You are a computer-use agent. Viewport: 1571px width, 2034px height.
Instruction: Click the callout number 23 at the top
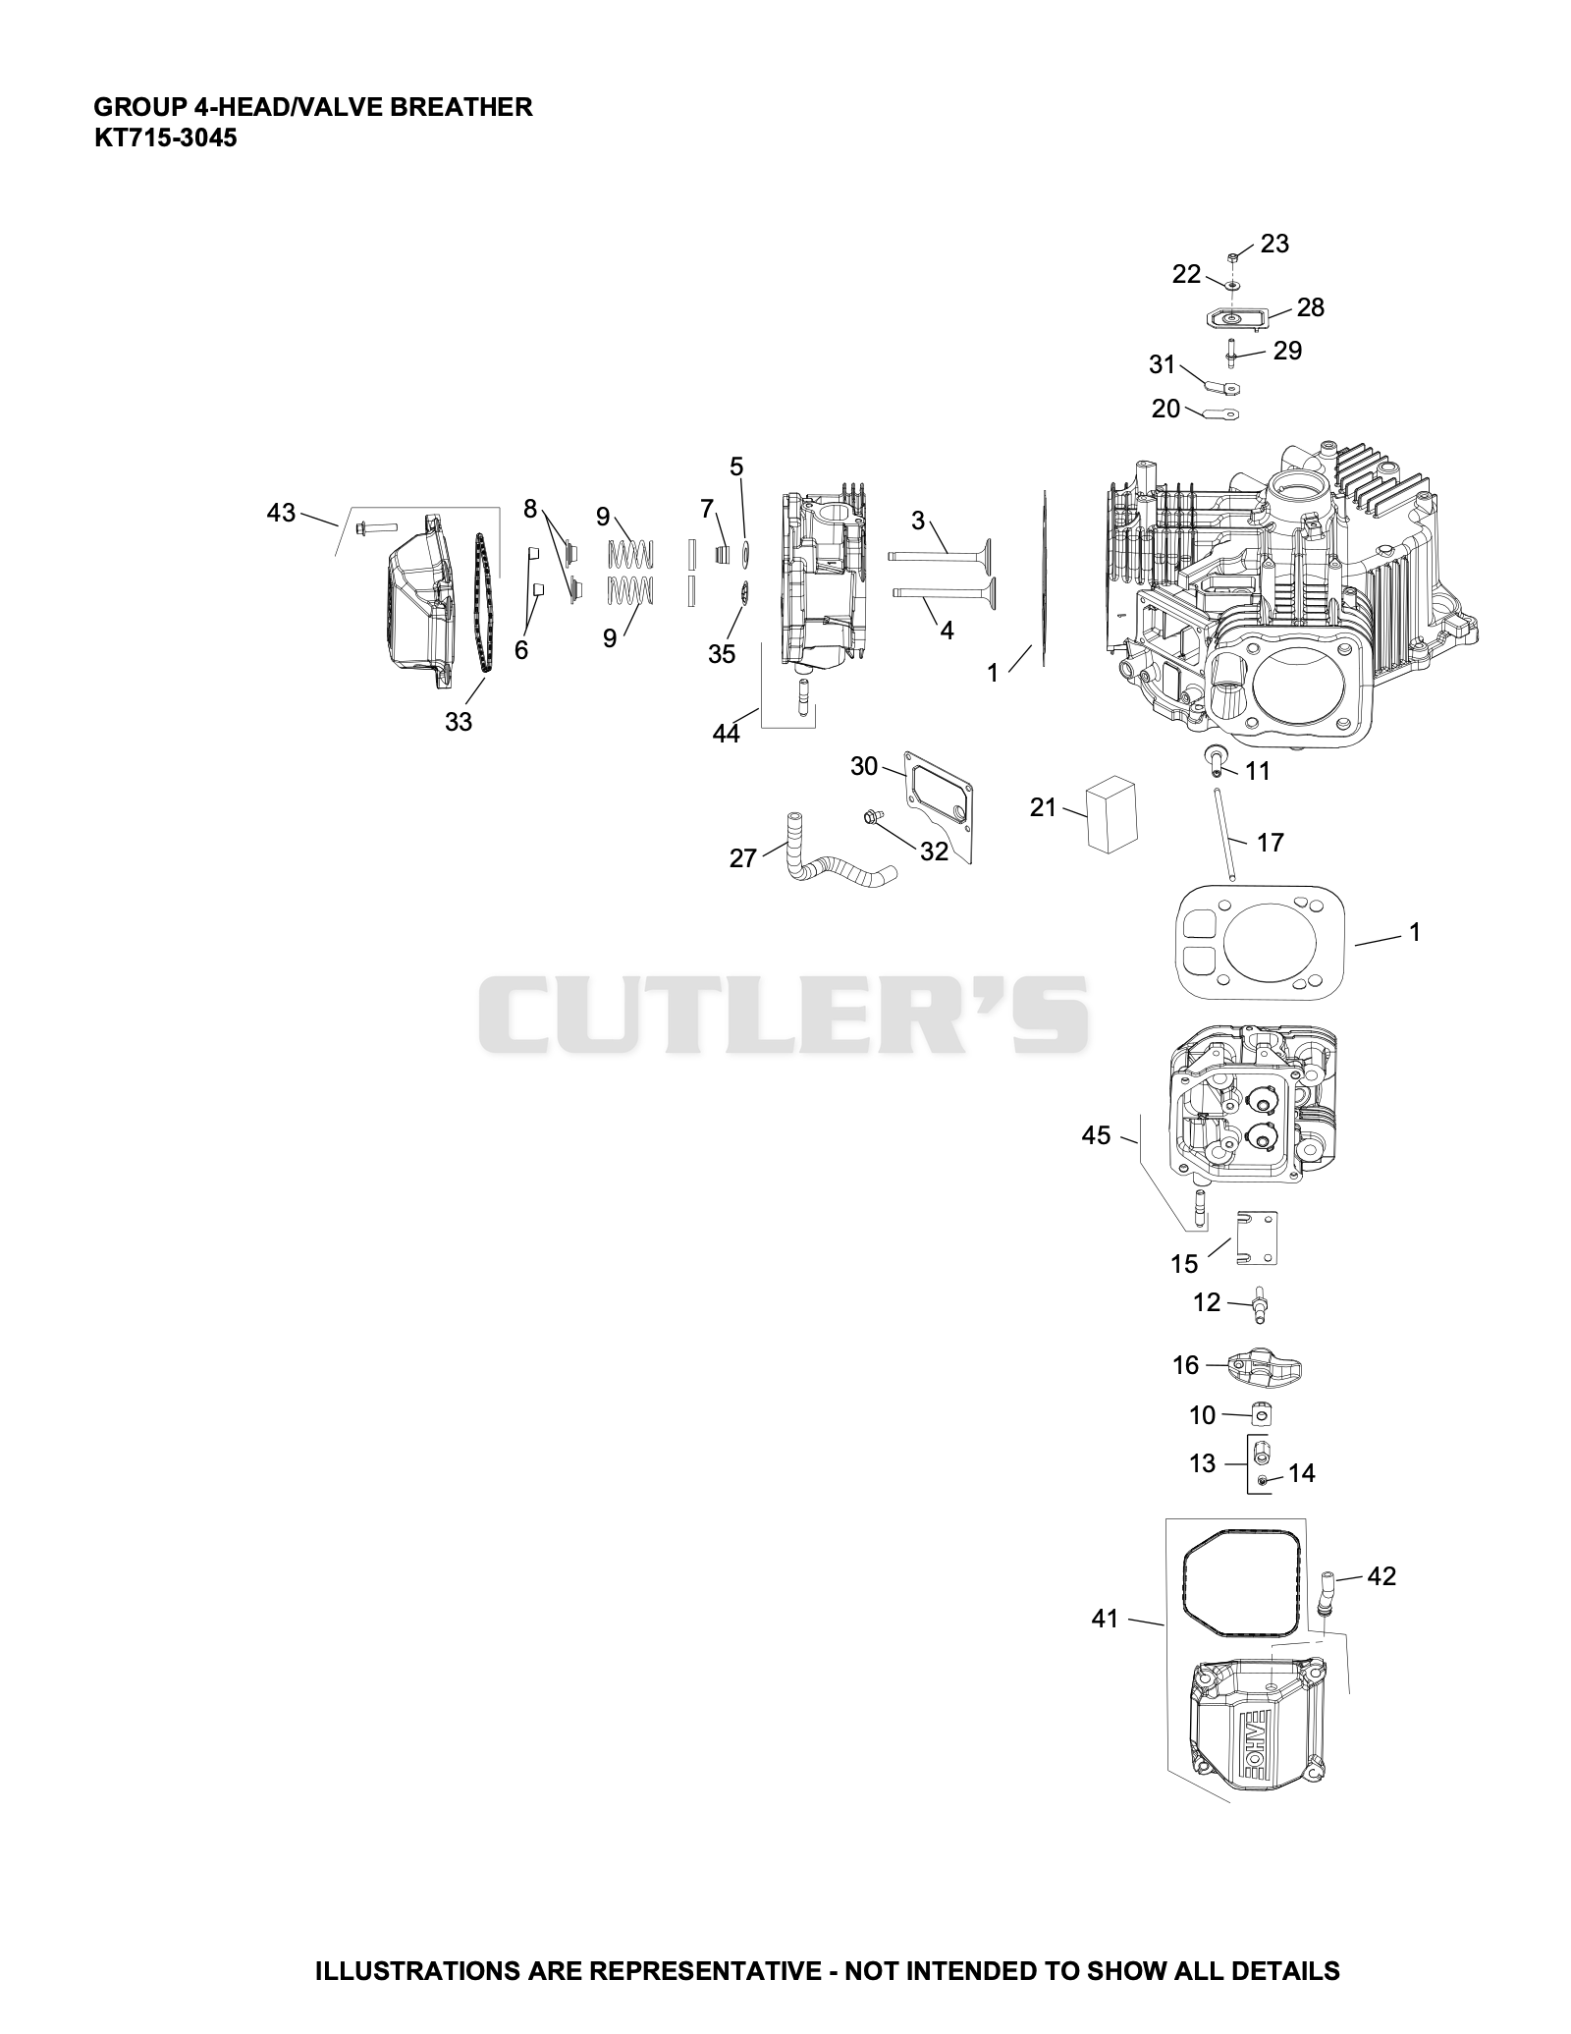point(1274,244)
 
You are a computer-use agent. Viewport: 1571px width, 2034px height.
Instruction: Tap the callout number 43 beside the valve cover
point(281,513)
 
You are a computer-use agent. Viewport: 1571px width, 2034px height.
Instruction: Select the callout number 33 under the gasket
point(459,722)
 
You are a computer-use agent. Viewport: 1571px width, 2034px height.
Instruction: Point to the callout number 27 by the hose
point(743,858)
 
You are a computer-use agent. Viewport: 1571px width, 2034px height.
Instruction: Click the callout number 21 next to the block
point(1043,807)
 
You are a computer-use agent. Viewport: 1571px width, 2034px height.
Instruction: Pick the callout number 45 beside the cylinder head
point(1096,1135)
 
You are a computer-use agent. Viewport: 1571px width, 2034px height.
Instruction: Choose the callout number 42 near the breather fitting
point(1381,1576)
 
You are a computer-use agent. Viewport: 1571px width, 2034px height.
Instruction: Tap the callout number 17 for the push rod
point(1270,842)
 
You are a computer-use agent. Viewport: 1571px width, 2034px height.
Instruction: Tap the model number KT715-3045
point(165,137)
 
